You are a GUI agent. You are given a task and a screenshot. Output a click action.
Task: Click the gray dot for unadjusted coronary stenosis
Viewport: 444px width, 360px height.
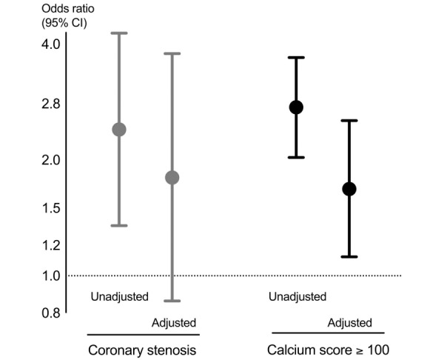pyautogui.click(x=118, y=130)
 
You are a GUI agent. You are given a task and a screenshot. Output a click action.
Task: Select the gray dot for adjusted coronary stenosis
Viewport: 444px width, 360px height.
pyautogui.click(x=172, y=178)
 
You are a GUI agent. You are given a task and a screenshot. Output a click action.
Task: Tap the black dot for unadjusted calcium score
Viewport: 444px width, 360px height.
pyautogui.click(x=296, y=107)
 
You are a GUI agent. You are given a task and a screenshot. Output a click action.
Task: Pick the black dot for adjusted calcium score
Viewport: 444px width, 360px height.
pyautogui.click(x=349, y=189)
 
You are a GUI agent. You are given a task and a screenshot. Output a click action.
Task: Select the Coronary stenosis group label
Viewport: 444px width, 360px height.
pyautogui.click(x=142, y=350)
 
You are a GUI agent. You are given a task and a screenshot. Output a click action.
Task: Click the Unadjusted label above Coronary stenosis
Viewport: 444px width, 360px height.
pyautogui.click(x=120, y=297)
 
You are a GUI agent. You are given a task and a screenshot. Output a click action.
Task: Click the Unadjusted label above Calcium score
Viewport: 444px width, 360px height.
pyautogui.click(x=296, y=297)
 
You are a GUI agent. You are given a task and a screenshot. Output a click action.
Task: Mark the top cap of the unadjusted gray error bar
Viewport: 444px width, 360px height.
pyautogui.click(x=118, y=33)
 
